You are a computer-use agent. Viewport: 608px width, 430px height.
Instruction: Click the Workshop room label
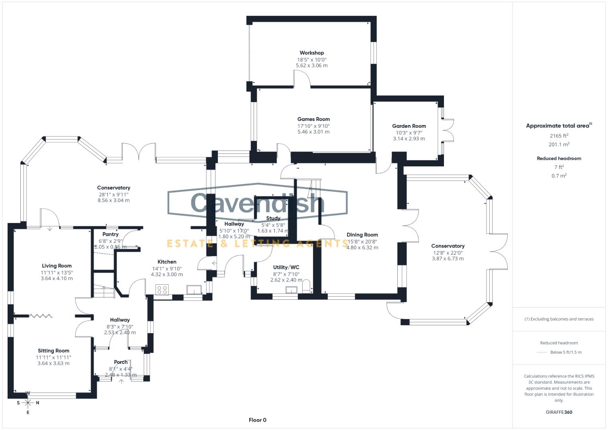(x=311, y=53)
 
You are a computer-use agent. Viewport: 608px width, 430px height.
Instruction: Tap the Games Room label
(x=313, y=119)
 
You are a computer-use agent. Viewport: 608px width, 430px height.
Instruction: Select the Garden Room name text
(x=409, y=126)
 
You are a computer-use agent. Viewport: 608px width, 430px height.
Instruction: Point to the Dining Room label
(x=362, y=235)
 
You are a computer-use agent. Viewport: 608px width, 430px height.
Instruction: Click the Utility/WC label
(x=286, y=267)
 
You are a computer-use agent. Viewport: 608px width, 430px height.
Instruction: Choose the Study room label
(x=273, y=218)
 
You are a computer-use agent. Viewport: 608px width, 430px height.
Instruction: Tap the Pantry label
(x=110, y=234)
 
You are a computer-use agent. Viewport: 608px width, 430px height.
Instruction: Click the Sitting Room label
(x=53, y=351)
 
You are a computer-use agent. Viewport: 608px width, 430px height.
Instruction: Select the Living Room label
(x=57, y=266)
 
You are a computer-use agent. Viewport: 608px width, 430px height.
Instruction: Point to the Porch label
(x=121, y=362)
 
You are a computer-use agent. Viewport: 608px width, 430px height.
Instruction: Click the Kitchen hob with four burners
(x=162, y=290)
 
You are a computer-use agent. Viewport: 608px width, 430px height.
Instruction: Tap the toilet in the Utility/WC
(x=306, y=287)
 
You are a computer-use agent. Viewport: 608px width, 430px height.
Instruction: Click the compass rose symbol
(x=28, y=403)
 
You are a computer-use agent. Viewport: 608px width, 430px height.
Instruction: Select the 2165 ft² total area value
(x=559, y=136)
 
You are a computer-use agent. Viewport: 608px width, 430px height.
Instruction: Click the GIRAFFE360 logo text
(x=559, y=412)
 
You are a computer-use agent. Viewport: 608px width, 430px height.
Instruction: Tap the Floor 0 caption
(x=257, y=420)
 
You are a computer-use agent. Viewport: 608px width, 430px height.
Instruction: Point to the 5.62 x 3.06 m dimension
(x=311, y=65)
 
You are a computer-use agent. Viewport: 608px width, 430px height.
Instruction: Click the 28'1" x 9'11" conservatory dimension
(x=113, y=194)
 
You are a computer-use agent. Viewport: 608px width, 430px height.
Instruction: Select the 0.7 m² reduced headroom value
(x=559, y=176)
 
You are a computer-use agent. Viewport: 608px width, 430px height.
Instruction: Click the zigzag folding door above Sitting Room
(x=41, y=316)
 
